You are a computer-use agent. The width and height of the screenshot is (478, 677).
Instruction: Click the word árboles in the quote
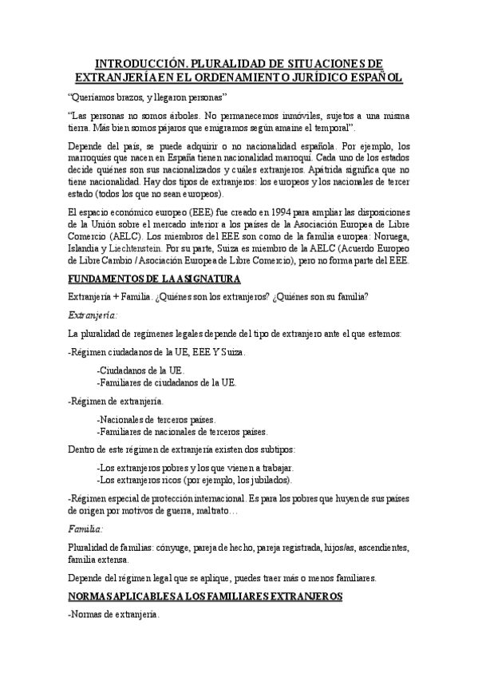pyautogui.click(x=188, y=116)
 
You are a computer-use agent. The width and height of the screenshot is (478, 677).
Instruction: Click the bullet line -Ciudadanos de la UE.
pyautogui.click(x=140, y=370)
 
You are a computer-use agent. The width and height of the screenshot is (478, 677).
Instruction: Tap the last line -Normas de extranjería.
pyautogui.click(x=114, y=616)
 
